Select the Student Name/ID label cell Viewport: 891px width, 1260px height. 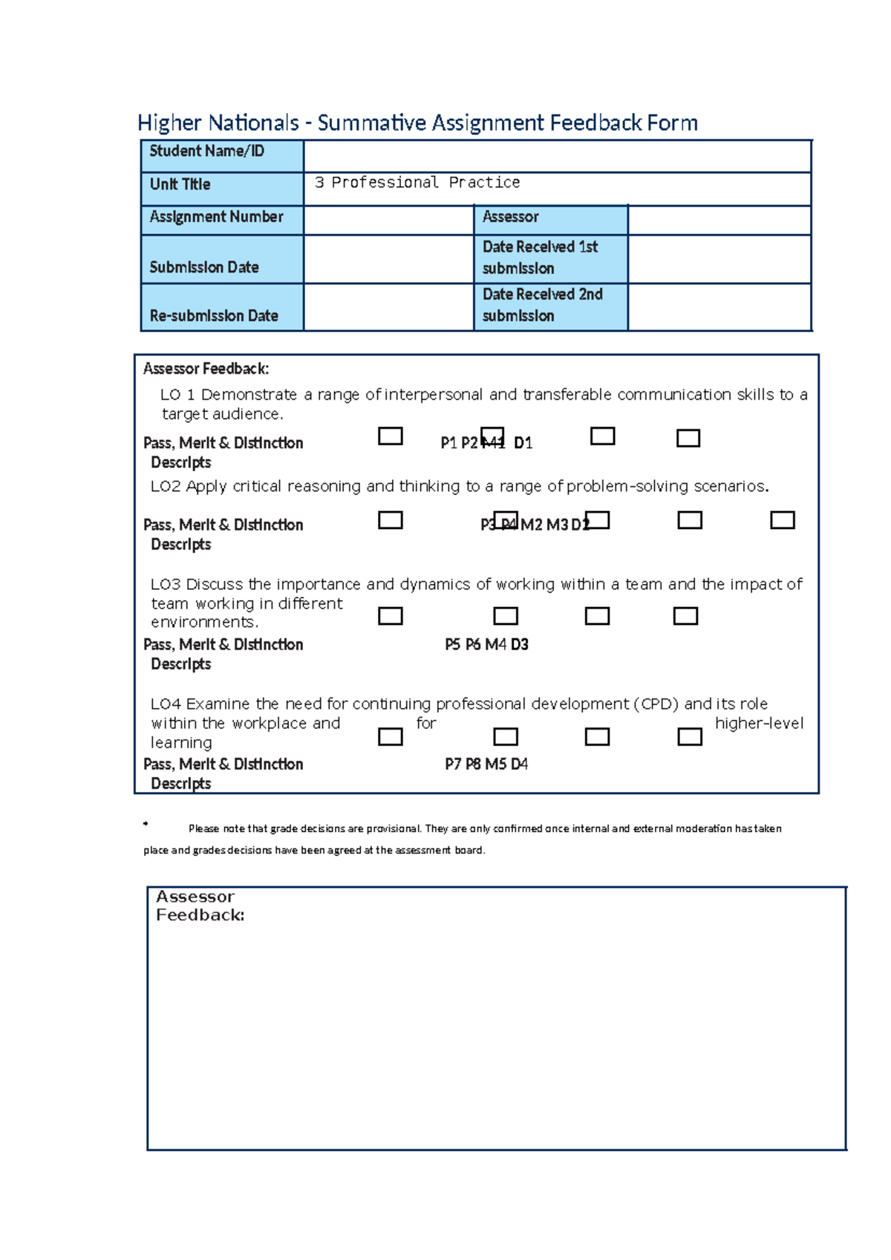(222, 156)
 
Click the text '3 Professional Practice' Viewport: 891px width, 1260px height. (417, 183)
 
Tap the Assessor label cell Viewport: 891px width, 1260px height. (550, 219)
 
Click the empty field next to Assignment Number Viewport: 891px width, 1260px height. (388, 220)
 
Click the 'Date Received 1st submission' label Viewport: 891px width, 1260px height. (550, 258)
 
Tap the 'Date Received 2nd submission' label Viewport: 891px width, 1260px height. (550, 305)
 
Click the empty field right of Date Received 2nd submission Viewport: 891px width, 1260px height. (719, 306)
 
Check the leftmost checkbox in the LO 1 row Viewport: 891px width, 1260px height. (391, 436)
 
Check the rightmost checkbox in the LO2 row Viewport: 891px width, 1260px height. (782, 520)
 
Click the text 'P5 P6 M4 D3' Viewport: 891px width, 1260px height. (486, 645)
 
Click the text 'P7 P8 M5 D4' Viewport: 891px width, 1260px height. (486, 764)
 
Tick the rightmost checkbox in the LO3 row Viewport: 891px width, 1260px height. (685, 616)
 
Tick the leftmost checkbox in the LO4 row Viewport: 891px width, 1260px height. (391, 736)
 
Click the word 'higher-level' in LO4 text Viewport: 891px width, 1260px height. (759, 724)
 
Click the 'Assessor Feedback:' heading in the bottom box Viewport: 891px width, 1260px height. (199, 906)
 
